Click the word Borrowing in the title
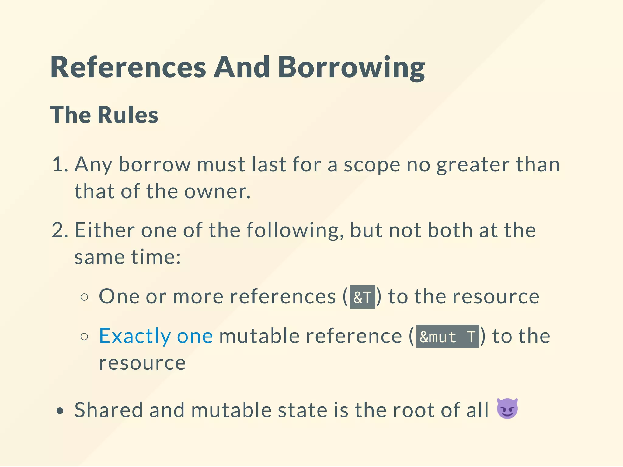point(351,67)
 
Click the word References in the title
point(128,67)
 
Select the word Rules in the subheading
point(128,115)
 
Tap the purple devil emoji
point(507,409)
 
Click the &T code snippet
point(362,297)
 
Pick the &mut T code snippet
point(447,337)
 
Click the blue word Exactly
point(135,336)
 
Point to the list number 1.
point(59,164)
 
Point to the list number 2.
point(59,230)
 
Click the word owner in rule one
point(217,192)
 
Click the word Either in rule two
point(105,230)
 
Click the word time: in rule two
point(156,257)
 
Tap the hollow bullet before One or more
point(85,297)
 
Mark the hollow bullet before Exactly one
point(85,337)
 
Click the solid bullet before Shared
point(60,411)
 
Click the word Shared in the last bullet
point(109,410)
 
